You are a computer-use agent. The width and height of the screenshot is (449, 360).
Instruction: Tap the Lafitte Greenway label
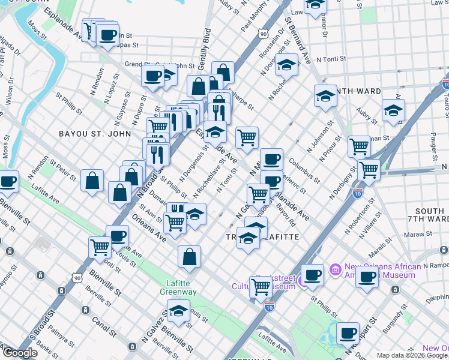point(181,287)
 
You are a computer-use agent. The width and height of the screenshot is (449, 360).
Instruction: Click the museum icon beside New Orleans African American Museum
point(335,267)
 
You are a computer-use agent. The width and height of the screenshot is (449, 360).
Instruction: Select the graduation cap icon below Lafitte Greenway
point(178,311)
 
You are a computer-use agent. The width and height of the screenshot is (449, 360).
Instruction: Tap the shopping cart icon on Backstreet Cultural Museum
point(261,286)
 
